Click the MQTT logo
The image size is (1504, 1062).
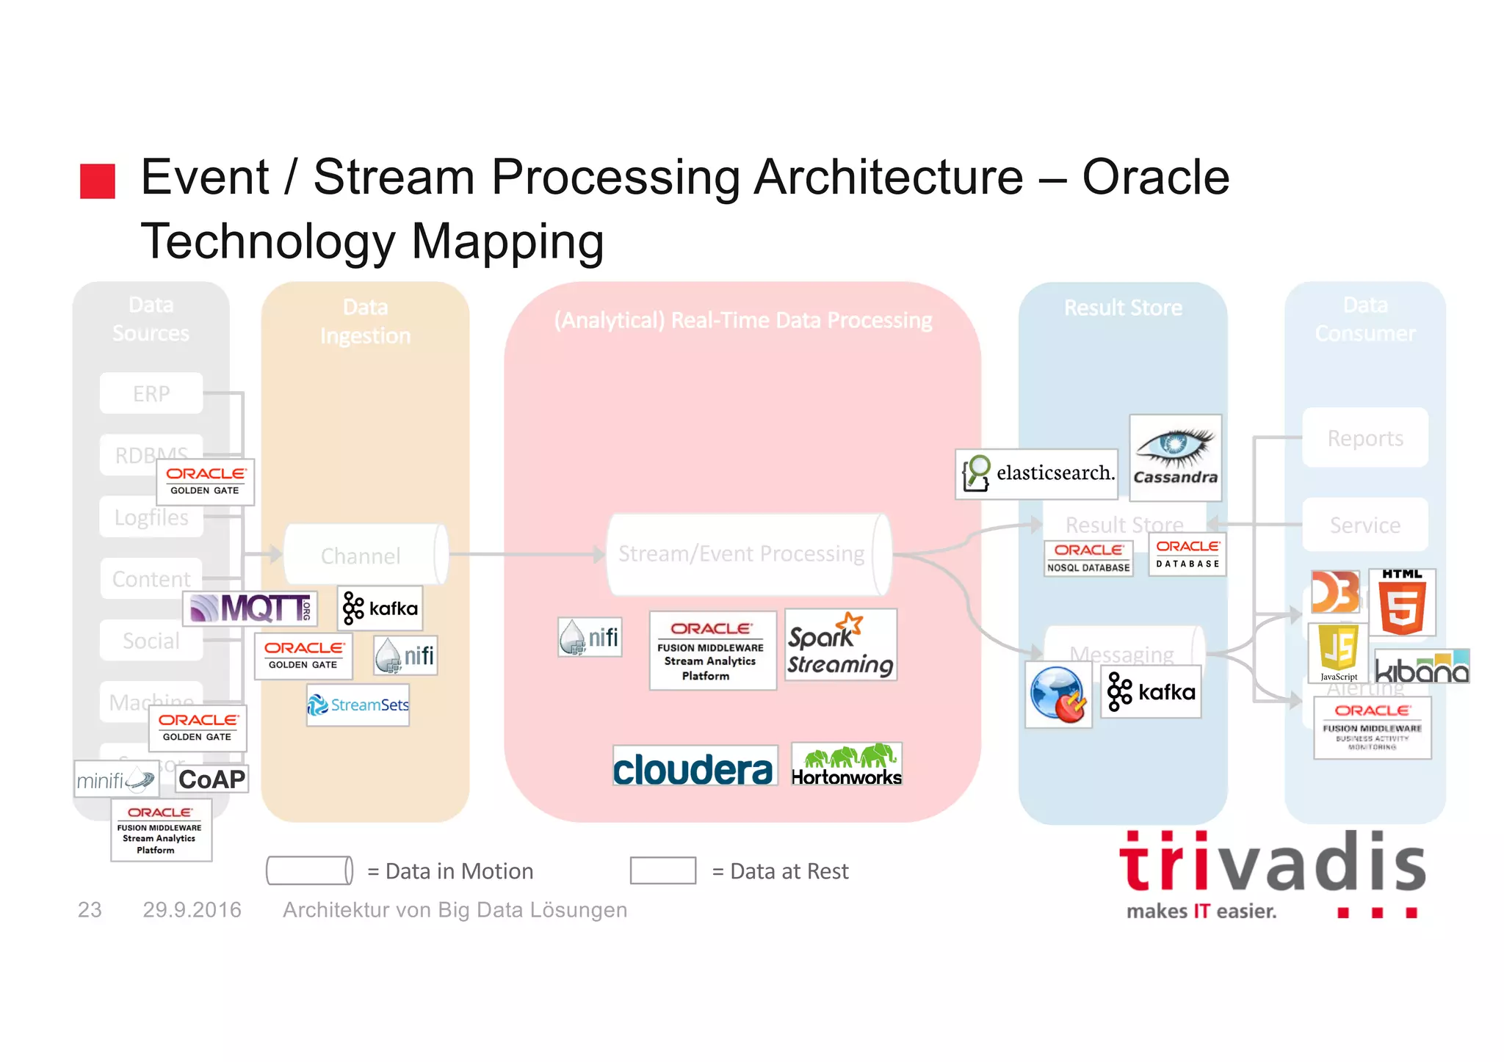click(x=250, y=608)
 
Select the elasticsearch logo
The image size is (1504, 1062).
click(x=1036, y=474)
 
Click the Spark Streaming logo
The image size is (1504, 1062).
click(x=841, y=645)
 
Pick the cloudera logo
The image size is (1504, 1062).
click(x=694, y=766)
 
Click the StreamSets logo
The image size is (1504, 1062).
click(x=358, y=705)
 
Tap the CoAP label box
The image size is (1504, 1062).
click(x=211, y=779)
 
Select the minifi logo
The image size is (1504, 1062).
click(x=117, y=779)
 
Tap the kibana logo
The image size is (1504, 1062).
click(x=1422, y=666)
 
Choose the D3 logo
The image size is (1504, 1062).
click(x=1335, y=592)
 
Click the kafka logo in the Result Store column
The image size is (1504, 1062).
click(x=1151, y=692)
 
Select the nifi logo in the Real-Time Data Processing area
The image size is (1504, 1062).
click(x=590, y=637)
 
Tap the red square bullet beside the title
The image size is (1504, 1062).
click(x=98, y=181)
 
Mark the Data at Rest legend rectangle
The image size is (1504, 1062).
click(x=662, y=870)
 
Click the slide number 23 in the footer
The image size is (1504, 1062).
click(x=90, y=910)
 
